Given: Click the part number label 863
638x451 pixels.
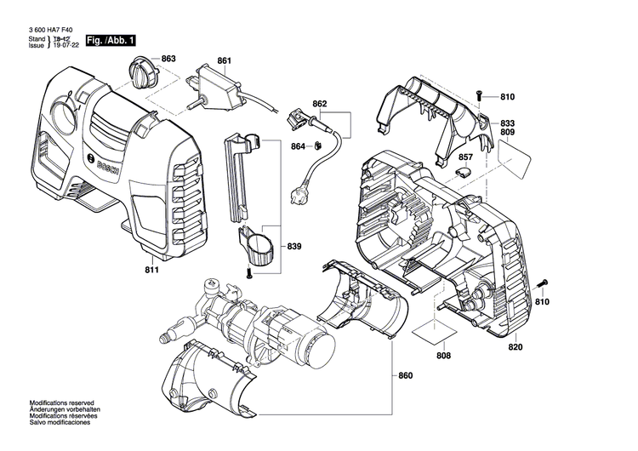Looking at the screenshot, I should pyautogui.click(x=168, y=59).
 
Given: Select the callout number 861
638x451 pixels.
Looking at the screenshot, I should pyautogui.click(x=224, y=60).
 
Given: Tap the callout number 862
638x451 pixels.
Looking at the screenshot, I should pyautogui.click(x=320, y=104).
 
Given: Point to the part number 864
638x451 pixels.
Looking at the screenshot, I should pyautogui.click(x=298, y=146).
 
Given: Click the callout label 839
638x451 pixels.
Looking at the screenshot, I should pyautogui.click(x=294, y=247).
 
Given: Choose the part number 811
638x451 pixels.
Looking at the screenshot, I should pyautogui.click(x=152, y=271).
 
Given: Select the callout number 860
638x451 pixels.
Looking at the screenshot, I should pyautogui.click(x=405, y=375).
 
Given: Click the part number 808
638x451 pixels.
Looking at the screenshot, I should pyautogui.click(x=443, y=356).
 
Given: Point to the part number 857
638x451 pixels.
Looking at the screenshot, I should pyautogui.click(x=465, y=157).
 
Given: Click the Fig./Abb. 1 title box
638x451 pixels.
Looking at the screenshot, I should pyautogui.click(x=110, y=41).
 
